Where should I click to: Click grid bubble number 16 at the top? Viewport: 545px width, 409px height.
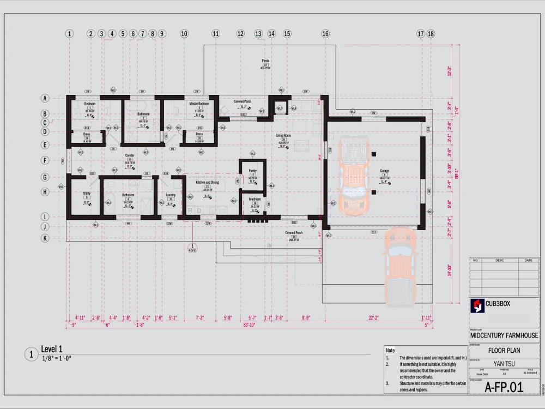pyautogui.click(x=325, y=34)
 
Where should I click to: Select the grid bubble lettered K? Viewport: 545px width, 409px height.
pyautogui.click(x=45, y=238)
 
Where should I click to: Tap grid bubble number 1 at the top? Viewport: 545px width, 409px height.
pyautogui.click(x=69, y=34)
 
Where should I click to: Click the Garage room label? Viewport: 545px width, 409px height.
pyautogui.click(x=384, y=171)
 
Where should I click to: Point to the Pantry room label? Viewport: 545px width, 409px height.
pyautogui.click(x=252, y=171)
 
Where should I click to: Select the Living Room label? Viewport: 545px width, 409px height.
pyautogui.click(x=283, y=135)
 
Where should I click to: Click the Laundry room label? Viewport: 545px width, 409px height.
pyautogui.click(x=171, y=195)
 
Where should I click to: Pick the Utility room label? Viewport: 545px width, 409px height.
pyautogui.click(x=87, y=194)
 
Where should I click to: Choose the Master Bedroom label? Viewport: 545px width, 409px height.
pyautogui.click(x=199, y=104)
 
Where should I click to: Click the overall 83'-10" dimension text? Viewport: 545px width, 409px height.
pyautogui.click(x=249, y=324)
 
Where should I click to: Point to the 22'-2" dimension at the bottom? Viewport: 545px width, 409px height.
pyautogui.click(x=373, y=317)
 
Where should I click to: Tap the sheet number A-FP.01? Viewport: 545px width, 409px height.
pyautogui.click(x=504, y=387)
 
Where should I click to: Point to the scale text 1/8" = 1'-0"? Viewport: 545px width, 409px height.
pyautogui.click(x=56, y=358)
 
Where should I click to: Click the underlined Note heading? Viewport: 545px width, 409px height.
pyautogui.click(x=390, y=351)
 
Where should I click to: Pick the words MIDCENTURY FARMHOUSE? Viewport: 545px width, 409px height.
pyautogui.click(x=504, y=336)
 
